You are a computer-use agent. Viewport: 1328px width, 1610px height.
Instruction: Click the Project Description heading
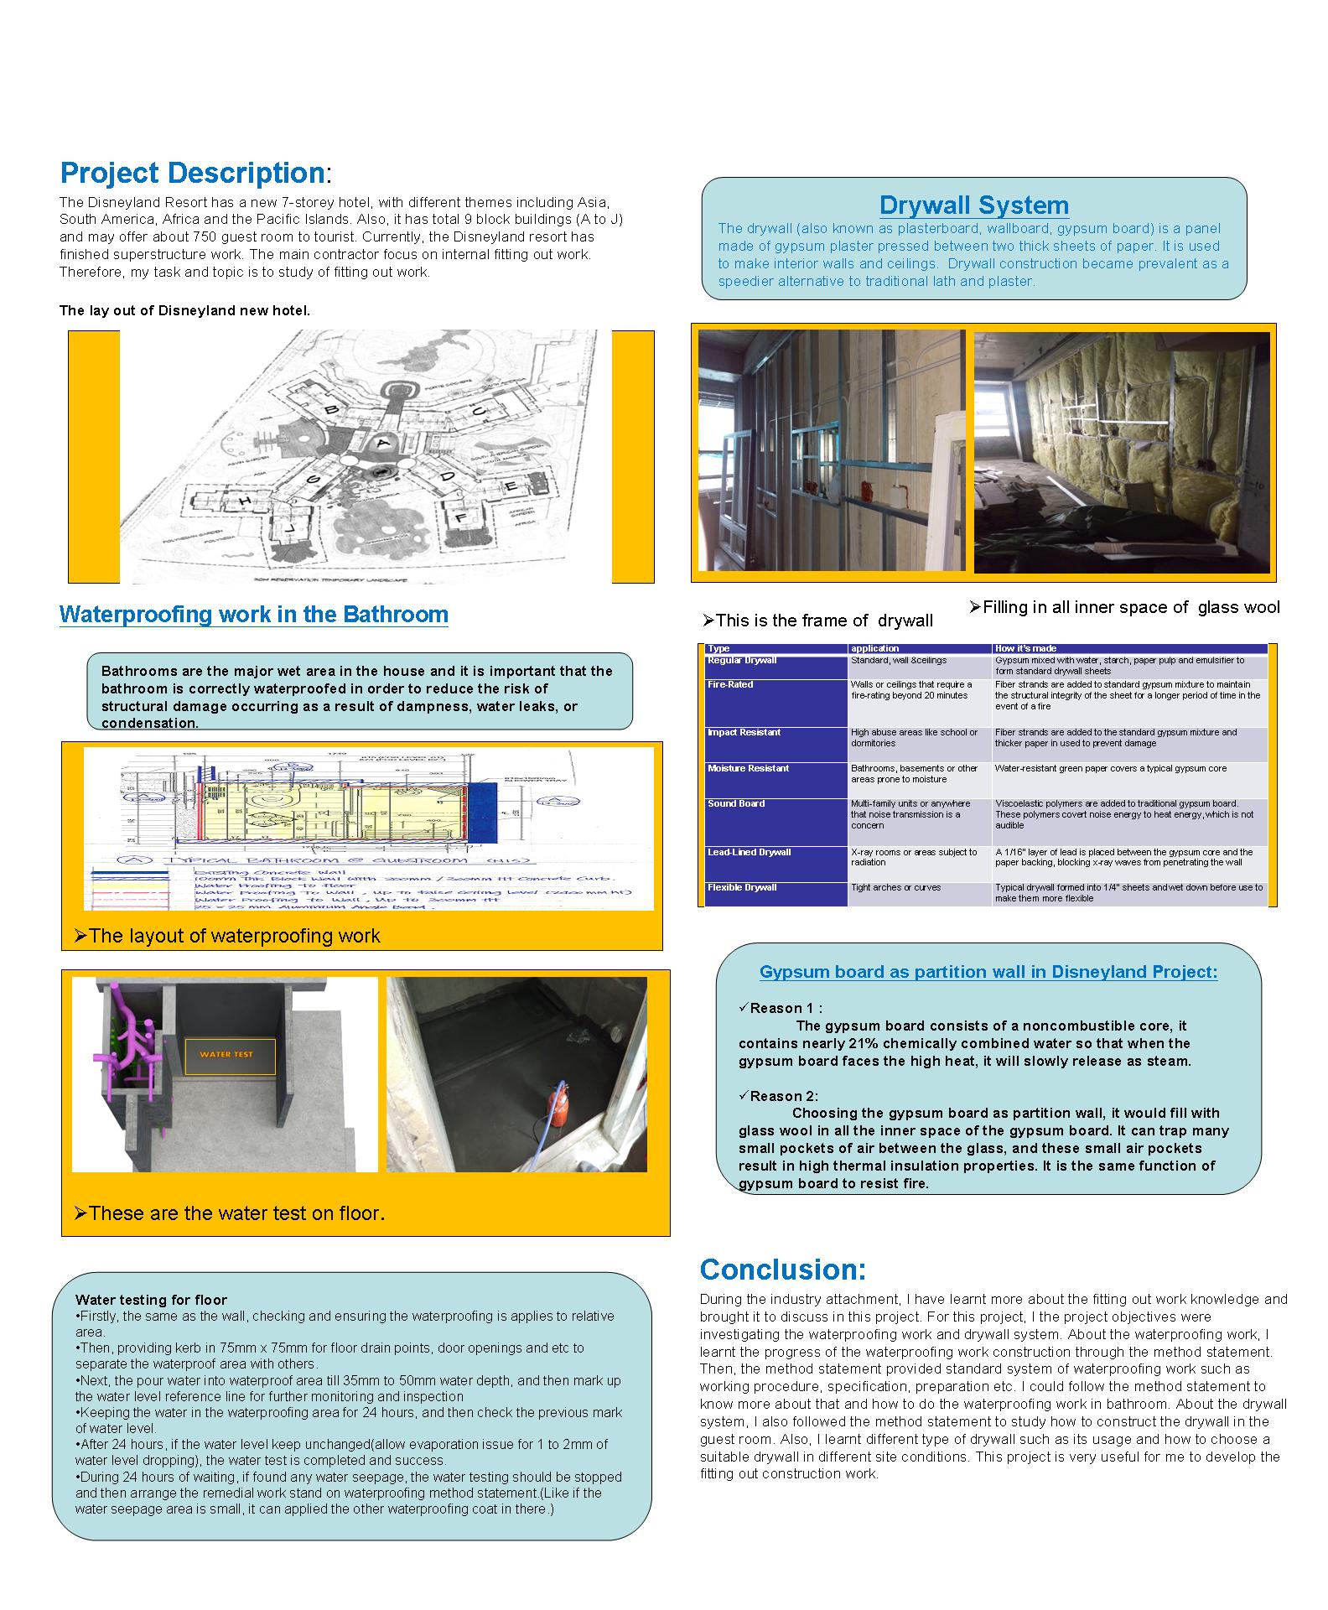coord(193,173)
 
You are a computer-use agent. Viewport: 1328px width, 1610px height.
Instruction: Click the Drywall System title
coord(973,205)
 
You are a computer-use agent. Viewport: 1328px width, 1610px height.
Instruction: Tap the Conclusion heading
coord(782,1270)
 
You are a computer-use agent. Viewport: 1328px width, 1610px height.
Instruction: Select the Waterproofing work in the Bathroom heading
coord(253,615)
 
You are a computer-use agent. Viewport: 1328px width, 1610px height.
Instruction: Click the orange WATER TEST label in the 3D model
coord(230,1054)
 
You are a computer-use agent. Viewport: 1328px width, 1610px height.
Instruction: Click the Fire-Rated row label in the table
coord(730,685)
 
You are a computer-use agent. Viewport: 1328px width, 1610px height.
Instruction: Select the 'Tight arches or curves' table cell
coord(895,888)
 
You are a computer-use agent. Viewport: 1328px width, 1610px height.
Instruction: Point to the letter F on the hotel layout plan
coord(460,519)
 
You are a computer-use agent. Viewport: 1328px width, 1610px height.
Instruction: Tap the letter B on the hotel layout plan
coord(332,409)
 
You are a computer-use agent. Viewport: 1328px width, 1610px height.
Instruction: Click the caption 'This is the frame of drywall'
coord(817,621)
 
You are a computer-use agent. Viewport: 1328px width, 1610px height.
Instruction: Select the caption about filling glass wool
coord(1124,608)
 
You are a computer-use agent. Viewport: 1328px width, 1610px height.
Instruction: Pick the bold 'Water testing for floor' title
coord(151,1300)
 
